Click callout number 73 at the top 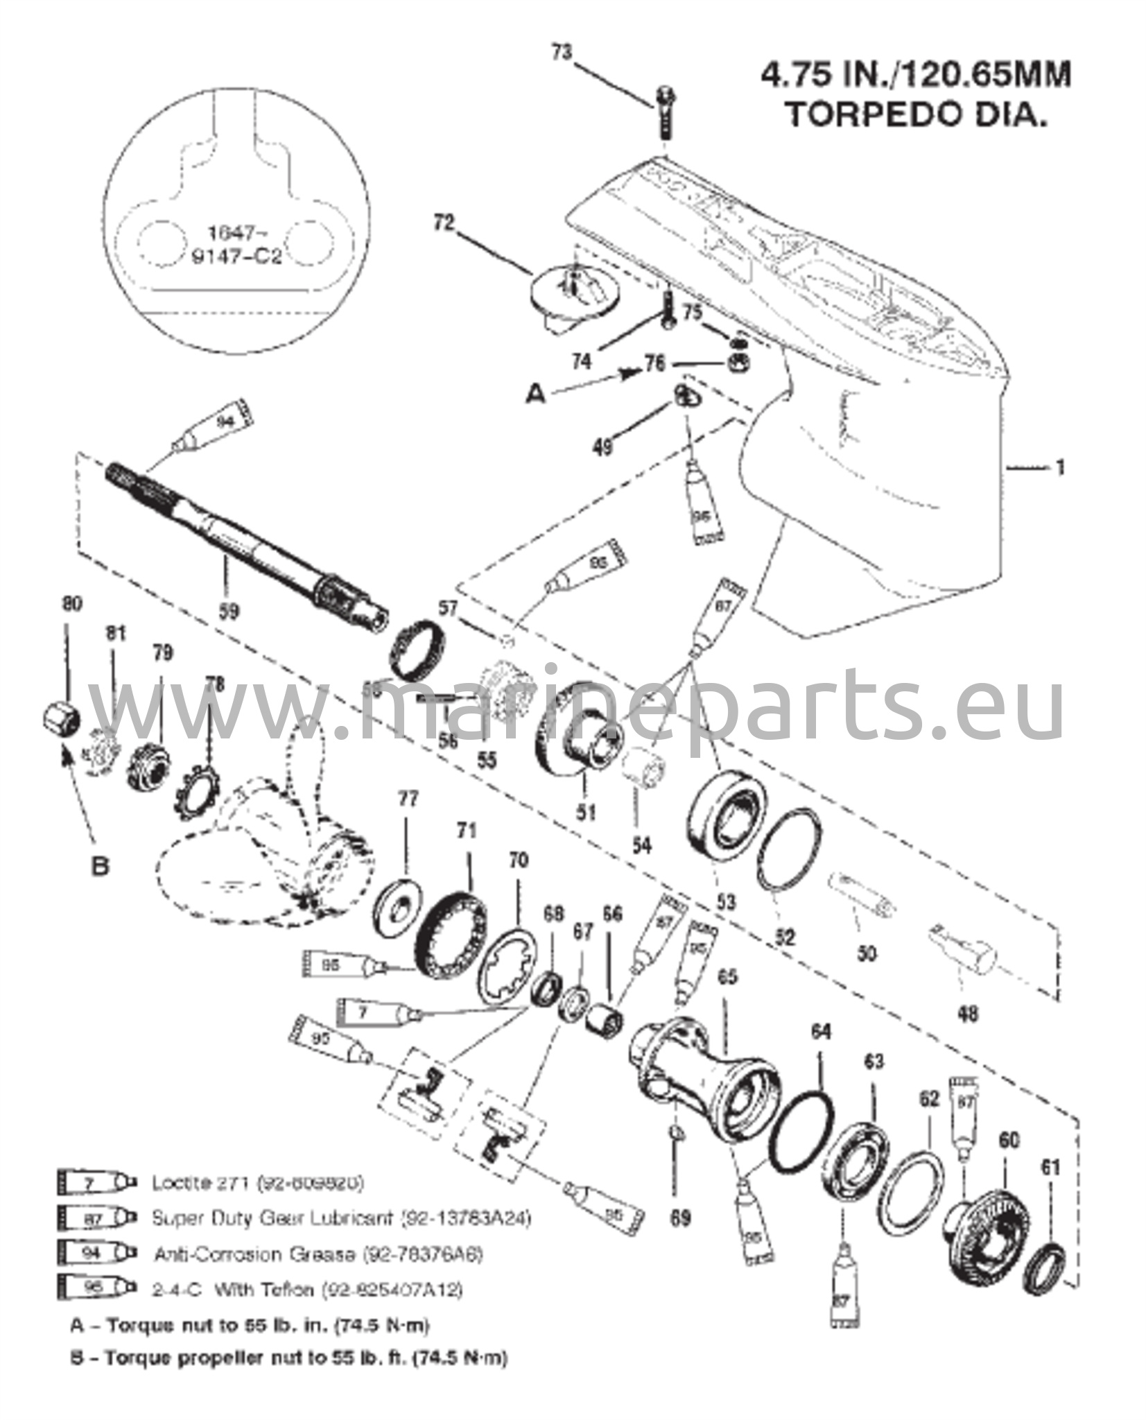point(562,53)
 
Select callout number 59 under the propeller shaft point(229,611)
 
